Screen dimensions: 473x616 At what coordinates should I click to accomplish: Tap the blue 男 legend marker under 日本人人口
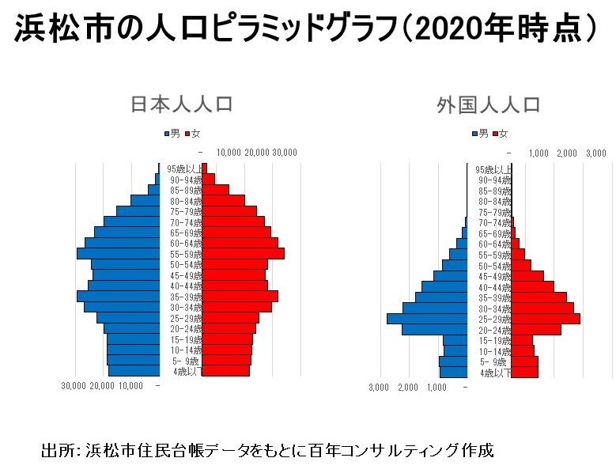(x=166, y=133)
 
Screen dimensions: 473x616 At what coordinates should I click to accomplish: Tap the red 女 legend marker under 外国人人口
(x=495, y=133)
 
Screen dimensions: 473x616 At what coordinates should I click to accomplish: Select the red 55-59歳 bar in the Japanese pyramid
(x=244, y=254)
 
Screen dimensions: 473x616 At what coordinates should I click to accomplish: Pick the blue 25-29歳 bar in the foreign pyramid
(x=427, y=318)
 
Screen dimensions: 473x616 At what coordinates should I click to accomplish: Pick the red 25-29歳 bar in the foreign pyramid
(x=546, y=318)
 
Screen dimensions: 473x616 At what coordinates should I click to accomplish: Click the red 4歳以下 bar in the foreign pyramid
(x=525, y=371)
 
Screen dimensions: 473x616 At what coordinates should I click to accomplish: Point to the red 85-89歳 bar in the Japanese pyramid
(x=217, y=190)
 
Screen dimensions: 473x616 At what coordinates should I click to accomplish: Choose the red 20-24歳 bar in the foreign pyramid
(x=536, y=329)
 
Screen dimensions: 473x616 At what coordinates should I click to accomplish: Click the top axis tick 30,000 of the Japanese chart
(x=285, y=153)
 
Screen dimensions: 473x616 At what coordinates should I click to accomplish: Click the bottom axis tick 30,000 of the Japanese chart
(x=74, y=386)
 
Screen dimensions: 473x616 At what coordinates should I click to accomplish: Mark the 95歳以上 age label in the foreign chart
(x=493, y=169)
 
